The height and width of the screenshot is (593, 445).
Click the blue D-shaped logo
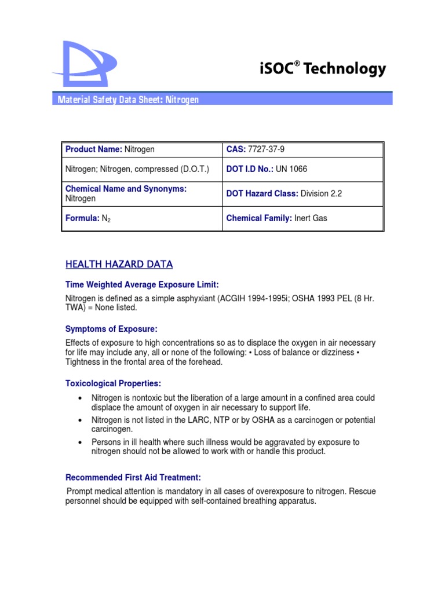[x=83, y=62]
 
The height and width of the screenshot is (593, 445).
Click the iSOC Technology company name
[x=322, y=69]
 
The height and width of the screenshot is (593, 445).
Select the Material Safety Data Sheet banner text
[x=128, y=100]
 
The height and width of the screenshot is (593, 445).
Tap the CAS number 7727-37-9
[x=265, y=149]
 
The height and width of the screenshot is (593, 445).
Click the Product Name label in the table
[x=93, y=149]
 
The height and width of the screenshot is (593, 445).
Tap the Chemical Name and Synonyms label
[x=126, y=189]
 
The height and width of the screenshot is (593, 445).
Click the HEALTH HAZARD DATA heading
[x=119, y=265]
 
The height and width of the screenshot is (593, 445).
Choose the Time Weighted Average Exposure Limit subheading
[x=142, y=284]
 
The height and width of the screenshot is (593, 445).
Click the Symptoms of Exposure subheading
[x=111, y=329]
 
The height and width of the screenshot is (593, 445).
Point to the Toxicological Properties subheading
[x=113, y=384]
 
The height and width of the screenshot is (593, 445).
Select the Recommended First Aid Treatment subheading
[x=133, y=478]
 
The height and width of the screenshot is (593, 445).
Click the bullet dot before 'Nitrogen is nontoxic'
[x=79, y=398]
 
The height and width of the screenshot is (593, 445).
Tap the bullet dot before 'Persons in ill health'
[x=79, y=442]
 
